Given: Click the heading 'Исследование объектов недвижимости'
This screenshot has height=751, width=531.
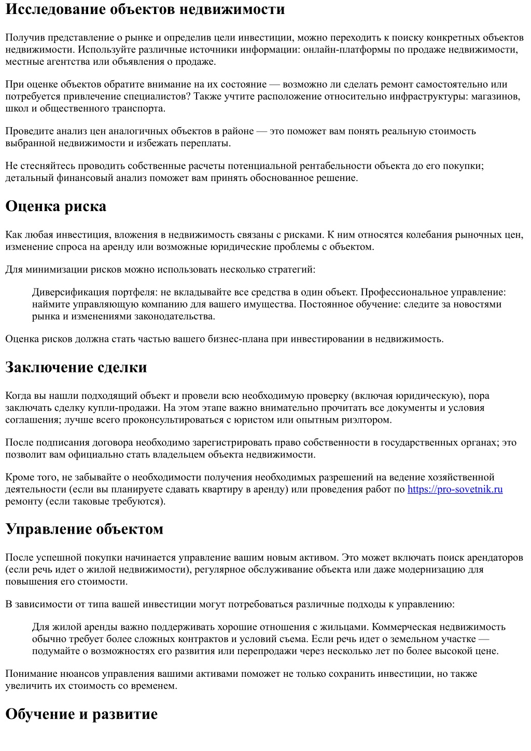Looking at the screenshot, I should [145, 9].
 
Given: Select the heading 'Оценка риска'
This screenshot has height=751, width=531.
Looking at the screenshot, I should [56, 206].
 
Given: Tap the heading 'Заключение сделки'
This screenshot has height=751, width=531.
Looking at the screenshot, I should [76, 367].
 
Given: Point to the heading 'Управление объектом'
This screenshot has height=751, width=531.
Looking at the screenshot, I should [85, 529].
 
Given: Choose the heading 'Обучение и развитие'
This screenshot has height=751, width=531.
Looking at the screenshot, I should [81, 714].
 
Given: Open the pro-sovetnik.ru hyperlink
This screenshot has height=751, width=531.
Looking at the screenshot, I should [455, 489].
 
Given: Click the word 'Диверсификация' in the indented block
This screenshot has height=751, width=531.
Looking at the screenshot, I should [67, 293].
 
